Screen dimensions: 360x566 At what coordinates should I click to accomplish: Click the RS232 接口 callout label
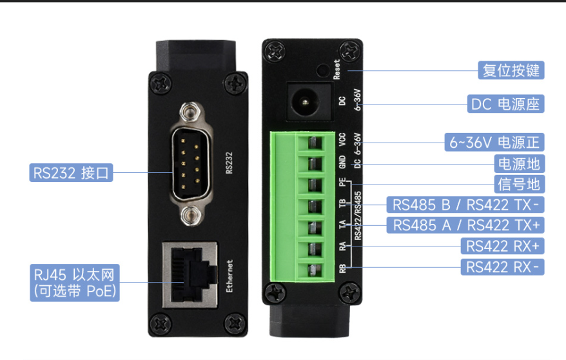[72, 172]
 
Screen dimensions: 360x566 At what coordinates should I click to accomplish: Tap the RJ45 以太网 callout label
[75, 282]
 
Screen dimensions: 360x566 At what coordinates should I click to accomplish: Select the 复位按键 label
[511, 70]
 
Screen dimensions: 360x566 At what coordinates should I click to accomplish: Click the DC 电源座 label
[505, 104]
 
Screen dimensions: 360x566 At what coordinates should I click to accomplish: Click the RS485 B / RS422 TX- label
[465, 205]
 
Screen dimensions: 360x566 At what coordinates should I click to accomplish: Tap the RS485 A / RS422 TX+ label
[465, 225]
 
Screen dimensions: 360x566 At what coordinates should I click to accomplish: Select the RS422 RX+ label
[502, 246]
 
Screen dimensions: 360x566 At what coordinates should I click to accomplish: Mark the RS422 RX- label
[502, 266]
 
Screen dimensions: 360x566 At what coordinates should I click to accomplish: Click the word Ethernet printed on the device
[229, 277]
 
